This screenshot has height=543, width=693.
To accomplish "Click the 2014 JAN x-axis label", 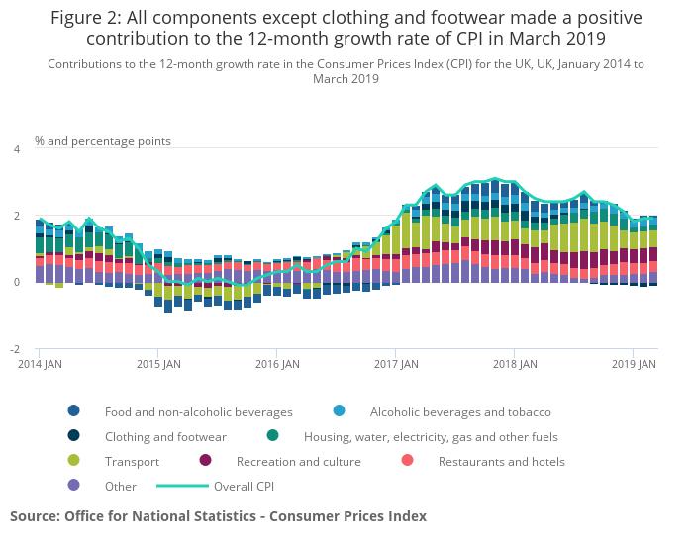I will [41, 364].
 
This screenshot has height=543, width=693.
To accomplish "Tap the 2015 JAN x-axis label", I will [159, 364].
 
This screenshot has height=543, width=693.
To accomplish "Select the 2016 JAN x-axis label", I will [278, 364].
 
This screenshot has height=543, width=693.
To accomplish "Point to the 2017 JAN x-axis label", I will [397, 364].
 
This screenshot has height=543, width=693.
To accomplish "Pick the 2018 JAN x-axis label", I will [516, 364].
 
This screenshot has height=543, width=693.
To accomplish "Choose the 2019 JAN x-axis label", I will [635, 364].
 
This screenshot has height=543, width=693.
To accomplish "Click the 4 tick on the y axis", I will [16, 149].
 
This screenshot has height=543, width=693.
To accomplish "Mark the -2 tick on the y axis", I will [14, 350].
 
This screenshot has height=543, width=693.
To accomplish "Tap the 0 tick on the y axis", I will [16, 283].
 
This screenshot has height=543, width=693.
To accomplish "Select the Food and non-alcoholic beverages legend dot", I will [74, 411].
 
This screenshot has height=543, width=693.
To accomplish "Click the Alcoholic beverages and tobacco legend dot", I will [340, 411].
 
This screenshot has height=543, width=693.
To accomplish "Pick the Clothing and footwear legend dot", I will [74, 436].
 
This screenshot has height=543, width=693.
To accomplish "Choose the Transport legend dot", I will [74, 461].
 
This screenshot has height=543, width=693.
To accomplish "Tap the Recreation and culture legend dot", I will [206, 461].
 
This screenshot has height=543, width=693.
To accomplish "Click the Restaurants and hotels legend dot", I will [406, 461].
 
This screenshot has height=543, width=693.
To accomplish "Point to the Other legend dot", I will [74, 486].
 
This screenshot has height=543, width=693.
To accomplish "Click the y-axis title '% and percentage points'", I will [103, 141].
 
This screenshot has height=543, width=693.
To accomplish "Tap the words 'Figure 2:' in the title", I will [86, 19].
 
